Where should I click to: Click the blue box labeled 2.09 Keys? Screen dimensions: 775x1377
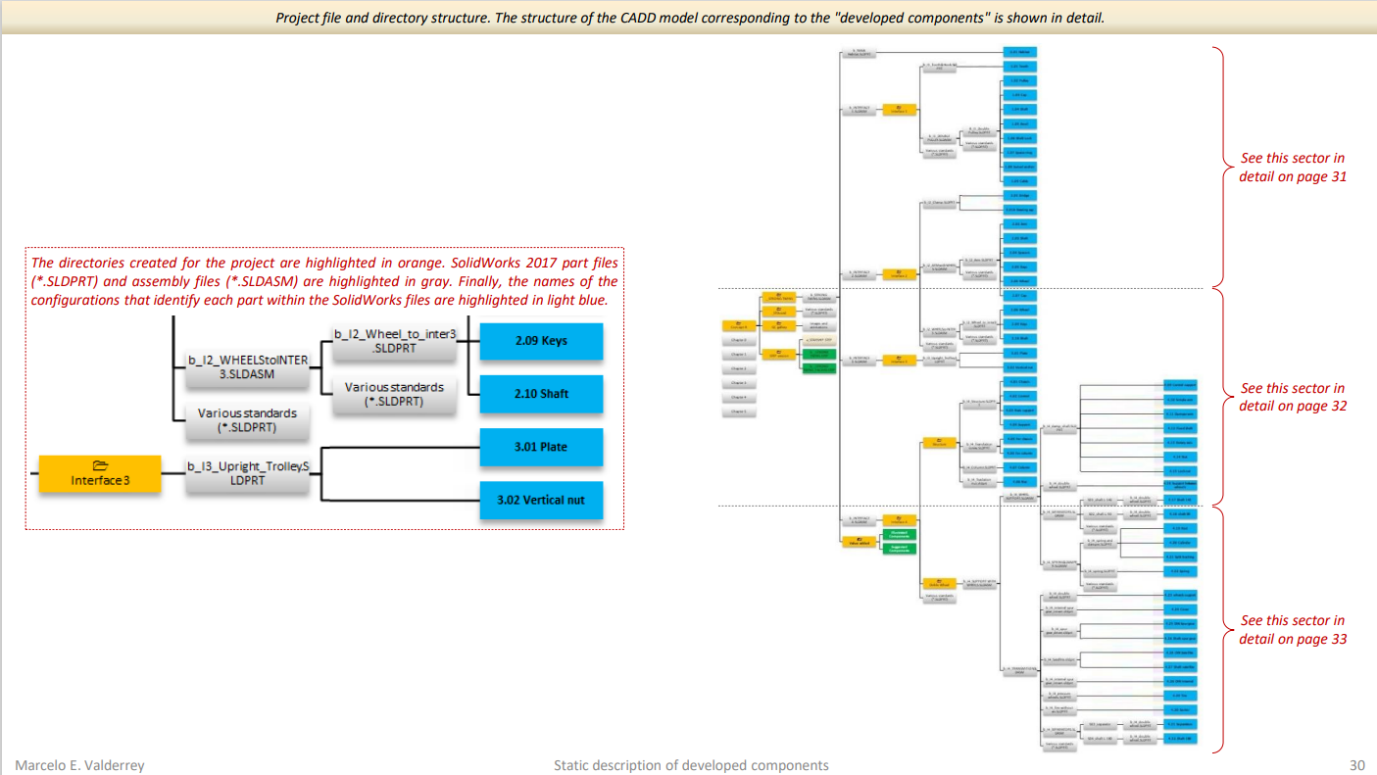pos(541,341)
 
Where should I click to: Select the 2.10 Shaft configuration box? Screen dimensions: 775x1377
pos(541,394)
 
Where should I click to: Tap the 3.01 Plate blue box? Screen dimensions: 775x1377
pos(541,447)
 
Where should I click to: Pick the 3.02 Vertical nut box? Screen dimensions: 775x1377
pos(541,500)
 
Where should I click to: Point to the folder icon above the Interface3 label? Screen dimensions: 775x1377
pos(99,465)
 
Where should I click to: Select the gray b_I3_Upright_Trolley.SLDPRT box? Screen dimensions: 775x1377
pos(248,473)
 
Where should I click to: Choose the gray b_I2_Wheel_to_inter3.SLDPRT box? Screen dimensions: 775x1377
pos(395,341)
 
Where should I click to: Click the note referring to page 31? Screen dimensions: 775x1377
pos(1292,168)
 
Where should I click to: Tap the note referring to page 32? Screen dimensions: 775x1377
pos(1292,397)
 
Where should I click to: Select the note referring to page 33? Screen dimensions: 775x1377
pos(1292,629)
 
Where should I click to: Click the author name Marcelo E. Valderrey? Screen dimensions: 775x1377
pos(79,765)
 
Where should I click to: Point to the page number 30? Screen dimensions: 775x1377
pos(1357,765)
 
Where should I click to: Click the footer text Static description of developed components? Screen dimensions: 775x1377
pos(691,765)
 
